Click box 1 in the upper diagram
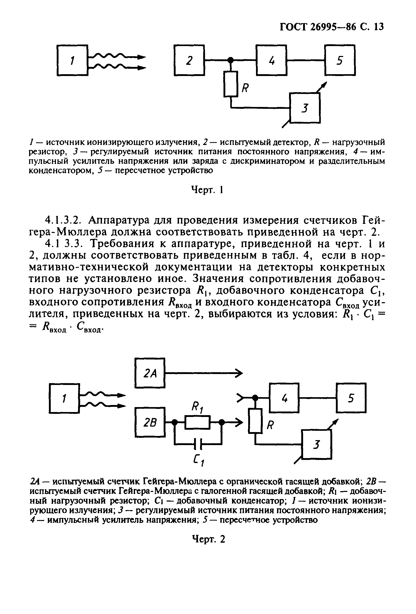coord(72,60)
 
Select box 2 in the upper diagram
coord(189,60)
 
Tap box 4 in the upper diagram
coord(272,60)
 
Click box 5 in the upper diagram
coord(340,60)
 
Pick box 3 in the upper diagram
coord(305,108)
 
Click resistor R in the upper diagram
coord(231,84)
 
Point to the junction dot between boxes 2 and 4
coord(231,60)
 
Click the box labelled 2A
coord(150,373)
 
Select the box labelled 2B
coord(150,422)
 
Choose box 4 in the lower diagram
coord(284,398)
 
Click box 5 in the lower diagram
coord(351,398)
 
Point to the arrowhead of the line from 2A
coord(239,373)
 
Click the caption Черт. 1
coord(207,190)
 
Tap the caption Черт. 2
coord(208,539)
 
